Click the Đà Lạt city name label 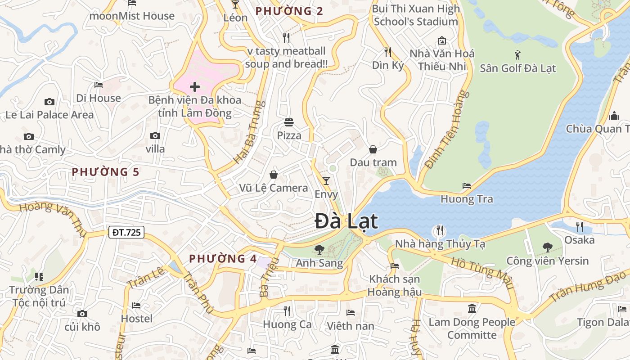346,221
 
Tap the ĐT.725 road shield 126,232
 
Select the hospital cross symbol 195,86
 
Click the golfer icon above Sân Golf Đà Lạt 517,55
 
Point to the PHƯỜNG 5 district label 106,172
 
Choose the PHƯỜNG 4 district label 223,259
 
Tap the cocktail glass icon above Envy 326,181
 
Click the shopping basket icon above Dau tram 373,149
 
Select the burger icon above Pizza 289,122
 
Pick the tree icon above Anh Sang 319,249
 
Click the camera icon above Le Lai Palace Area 49,102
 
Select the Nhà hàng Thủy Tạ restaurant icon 440,230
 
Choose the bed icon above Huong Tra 467,186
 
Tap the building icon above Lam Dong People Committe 472,309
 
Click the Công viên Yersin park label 547,261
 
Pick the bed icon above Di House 99,85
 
